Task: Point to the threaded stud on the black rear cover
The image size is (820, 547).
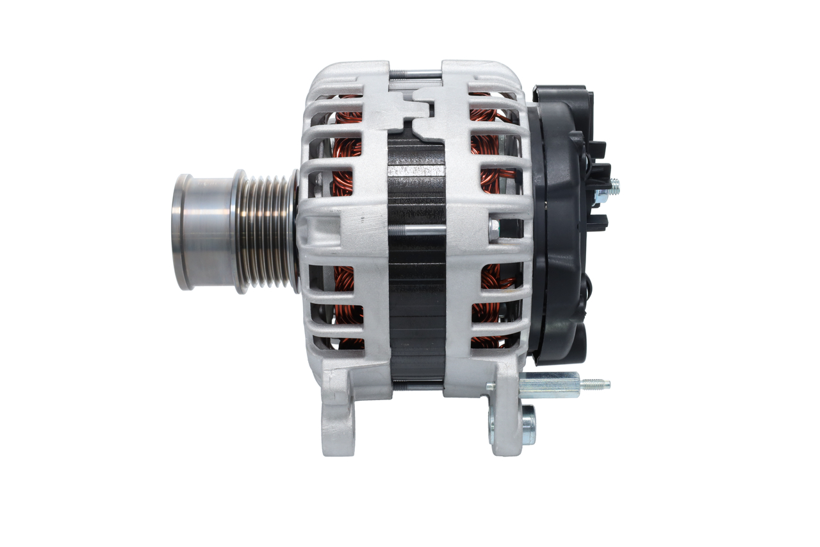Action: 614,187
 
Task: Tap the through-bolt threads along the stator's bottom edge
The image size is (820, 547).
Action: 417,385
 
